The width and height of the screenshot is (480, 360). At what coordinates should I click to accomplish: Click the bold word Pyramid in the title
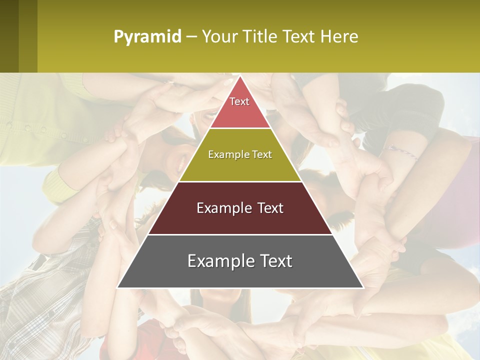click(147, 37)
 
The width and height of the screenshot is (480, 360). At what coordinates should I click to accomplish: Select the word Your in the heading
click(219, 37)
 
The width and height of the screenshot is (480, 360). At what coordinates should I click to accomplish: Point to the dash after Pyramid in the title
click(191, 37)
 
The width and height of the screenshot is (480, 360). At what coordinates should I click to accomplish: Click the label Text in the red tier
click(239, 101)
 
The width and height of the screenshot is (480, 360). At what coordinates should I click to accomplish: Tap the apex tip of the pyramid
click(240, 76)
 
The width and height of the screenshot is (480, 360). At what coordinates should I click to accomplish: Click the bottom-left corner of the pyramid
click(118, 287)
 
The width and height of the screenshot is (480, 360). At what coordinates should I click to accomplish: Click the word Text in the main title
click(298, 37)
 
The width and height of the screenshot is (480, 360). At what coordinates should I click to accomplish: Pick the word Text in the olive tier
click(261, 154)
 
